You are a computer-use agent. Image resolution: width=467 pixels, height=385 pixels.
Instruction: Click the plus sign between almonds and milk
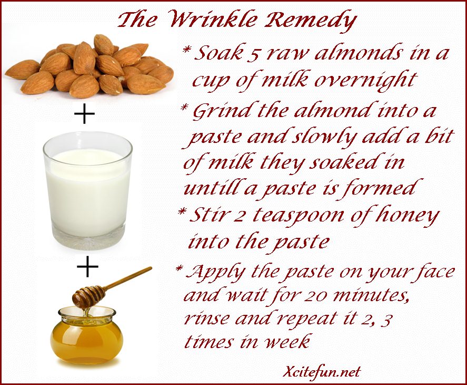pos(84,113)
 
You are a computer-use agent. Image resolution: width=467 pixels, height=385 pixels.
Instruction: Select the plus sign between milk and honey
pos(87,266)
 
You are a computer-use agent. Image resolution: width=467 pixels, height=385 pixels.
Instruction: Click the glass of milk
pos(87,190)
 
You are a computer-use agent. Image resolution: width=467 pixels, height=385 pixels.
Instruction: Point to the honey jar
pos(87,335)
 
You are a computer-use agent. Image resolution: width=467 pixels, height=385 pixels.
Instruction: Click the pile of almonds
pos(90,66)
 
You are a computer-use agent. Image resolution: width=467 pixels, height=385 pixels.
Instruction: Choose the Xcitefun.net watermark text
pos(322,372)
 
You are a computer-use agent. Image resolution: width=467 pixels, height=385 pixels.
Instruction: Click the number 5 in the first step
pos(252,55)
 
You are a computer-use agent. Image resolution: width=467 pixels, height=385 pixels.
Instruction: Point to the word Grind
pos(224,111)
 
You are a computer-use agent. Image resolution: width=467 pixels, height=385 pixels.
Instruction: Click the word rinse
pos(207,318)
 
